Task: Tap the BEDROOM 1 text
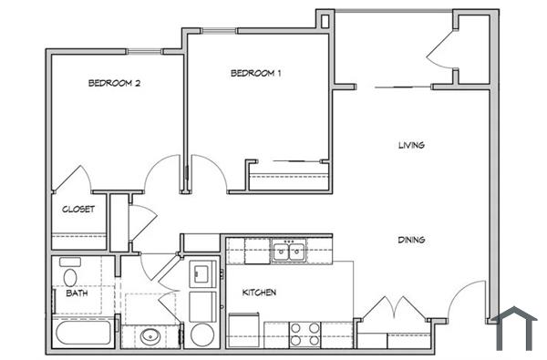tap(254, 73)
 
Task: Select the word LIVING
tap(412, 145)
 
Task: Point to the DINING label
tap(412, 240)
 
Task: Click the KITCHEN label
tap(259, 293)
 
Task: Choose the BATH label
tap(77, 293)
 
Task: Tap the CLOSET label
tap(78, 209)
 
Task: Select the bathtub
tap(84, 332)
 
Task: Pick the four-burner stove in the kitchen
tap(304, 334)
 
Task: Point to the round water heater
tap(201, 334)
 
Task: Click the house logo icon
tap(516, 328)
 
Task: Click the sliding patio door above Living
tap(392, 87)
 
